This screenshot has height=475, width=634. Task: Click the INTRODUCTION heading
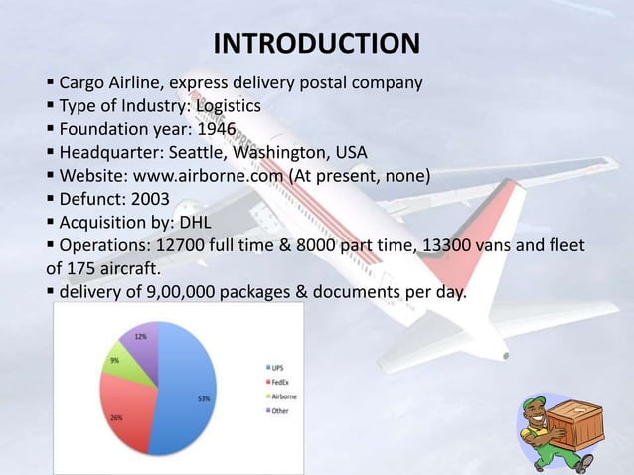tap(317, 44)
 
